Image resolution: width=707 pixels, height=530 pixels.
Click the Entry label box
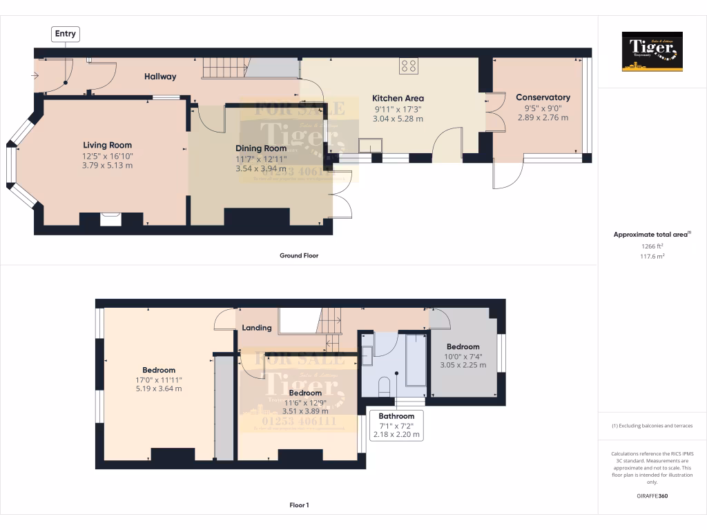pyautogui.click(x=66, y=33)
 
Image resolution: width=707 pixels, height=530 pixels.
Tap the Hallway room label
pyautogui.click(x=160, y=77)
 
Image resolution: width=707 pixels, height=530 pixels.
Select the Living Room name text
pyautogui.click(x=107, y=145)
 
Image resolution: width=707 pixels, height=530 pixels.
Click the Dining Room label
pyautogui.click(x=261, y=148)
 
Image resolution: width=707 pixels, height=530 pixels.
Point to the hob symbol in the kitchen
pyautogui.click(x=409, y=66)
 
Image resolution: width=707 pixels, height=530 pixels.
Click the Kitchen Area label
pyautogui.click(x=398, y=98)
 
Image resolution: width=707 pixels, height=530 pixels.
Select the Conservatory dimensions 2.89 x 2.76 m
pyautogui.click(x=543, y=118)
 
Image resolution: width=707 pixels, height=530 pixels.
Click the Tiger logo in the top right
pyautogui.click(x=652, y=52)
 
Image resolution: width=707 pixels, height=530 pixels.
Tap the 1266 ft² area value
pyautogui.click(x=652, y=246)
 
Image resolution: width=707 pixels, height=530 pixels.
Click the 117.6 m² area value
pyautogui.click(x=652, y=256)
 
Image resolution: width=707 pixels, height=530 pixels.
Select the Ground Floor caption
pyautogui.click(x=298, y=255)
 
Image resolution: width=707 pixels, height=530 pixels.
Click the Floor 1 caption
pyautogui.click(x=298, y=505)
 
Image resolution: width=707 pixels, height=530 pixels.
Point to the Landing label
pyautogui.click(x=256, y=328)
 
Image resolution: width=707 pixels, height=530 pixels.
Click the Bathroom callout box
pyautogui.click(x=396, y=426)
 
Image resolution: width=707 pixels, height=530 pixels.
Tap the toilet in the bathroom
pyautogui.click(x=385, y=384)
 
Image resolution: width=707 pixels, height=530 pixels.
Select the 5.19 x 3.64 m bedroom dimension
pyautogui.click(x=159, y=389)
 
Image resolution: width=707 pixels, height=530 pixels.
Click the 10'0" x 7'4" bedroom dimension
pyautogui.click(x=463, y=357)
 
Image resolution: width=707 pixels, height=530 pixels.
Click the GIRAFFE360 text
pyautogui.click(x=652, y=495)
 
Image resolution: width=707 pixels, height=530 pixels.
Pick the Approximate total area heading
pyautogui.click(x=650, y=235)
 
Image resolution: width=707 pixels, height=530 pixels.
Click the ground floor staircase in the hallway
pyautogui.click(x=224, y=68)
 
